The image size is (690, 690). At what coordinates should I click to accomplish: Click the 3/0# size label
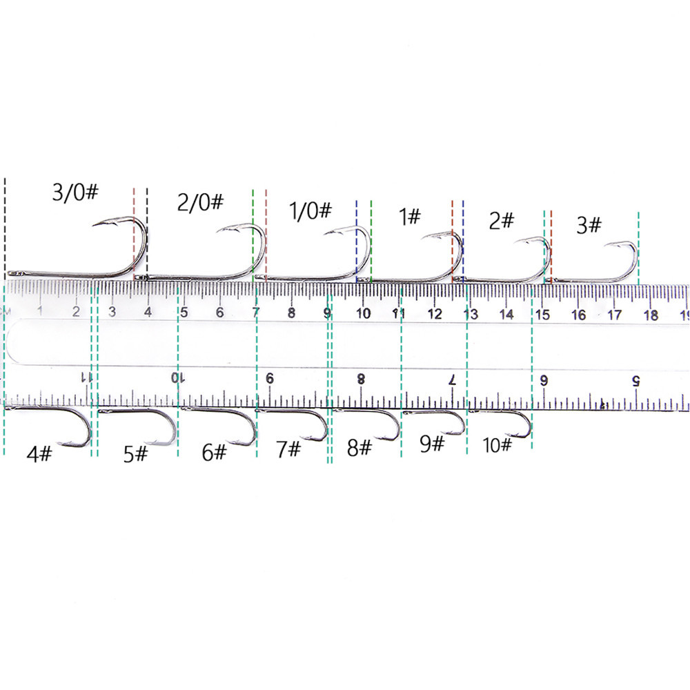click(75, 193)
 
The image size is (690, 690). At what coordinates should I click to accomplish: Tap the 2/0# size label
click(200, 202)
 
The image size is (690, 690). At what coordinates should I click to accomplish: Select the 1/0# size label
click(310, 210)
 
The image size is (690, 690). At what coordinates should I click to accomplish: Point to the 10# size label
click(497, 445)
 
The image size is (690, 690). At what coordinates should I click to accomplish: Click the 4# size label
click(39, 453)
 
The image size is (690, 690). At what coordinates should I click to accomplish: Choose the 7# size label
click(288, 449)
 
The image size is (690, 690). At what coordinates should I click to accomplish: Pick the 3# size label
click(589, 225)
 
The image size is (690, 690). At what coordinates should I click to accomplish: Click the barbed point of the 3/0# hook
click(93, 225)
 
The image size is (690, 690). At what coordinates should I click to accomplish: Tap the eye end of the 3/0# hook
click(10, 274)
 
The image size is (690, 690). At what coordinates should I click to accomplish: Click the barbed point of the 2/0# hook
click(217, 231)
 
